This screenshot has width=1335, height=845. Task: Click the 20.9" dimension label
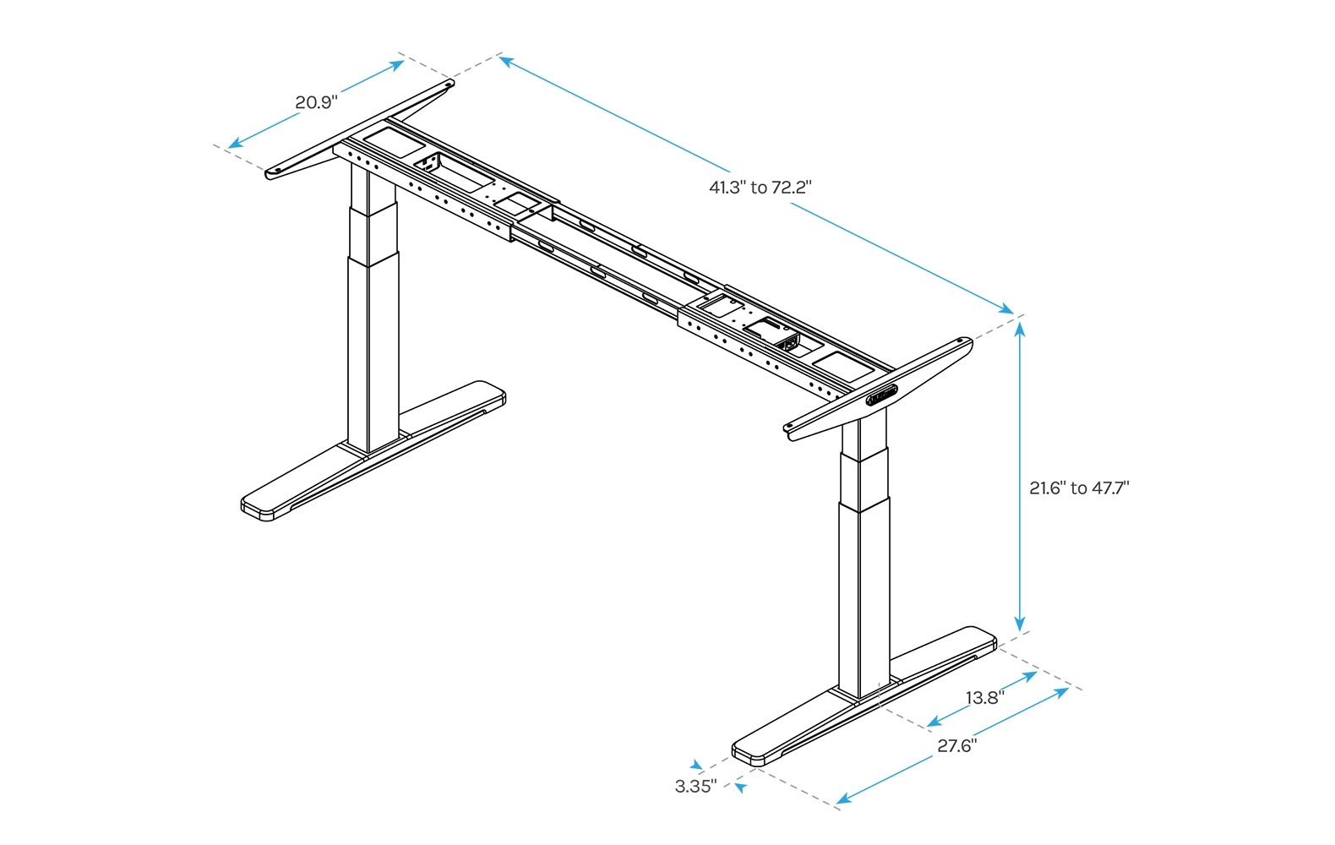click(x=316, y=103)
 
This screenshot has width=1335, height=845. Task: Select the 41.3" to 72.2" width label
click(x=760, y=188)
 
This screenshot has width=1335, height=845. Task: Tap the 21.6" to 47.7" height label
click(x=1079, y=488)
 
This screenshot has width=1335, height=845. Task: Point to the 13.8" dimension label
click(x=984, y=698)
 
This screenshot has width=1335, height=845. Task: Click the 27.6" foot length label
click(x=956, y=746)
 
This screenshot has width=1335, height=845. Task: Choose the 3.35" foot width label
click(x=695, y=787)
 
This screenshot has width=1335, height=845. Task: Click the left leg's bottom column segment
click(x=372, y=355)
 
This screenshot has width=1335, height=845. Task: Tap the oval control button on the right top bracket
click(x=882, y=395)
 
